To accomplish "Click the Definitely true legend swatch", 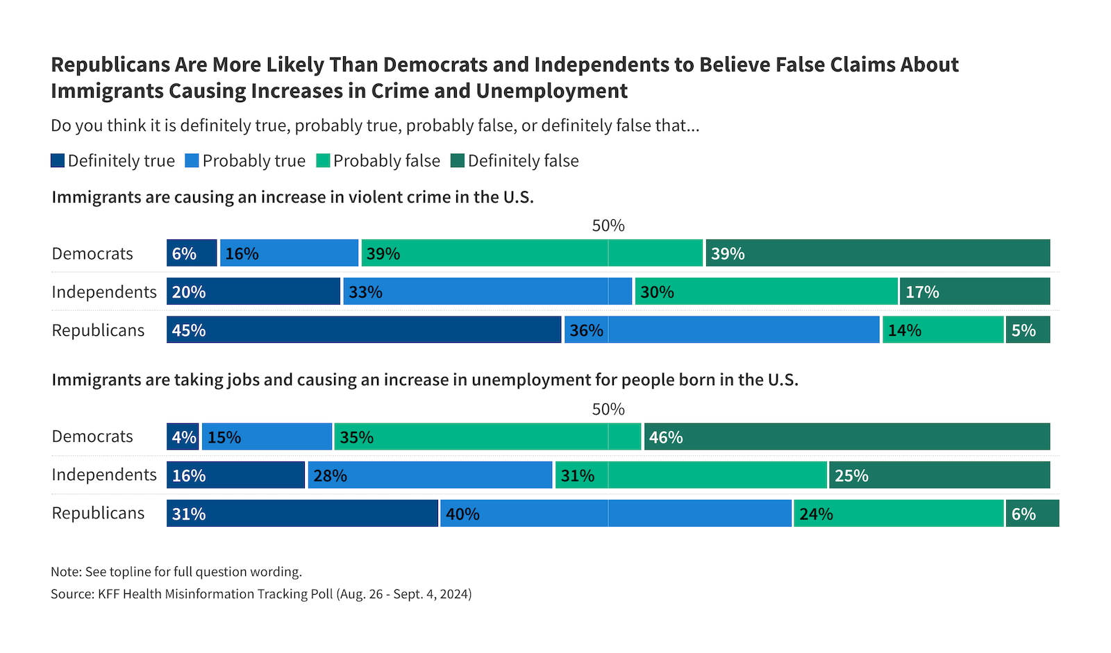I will pos(58,161).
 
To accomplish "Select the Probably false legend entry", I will pos(378,161).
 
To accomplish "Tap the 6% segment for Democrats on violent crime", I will pos(192,253).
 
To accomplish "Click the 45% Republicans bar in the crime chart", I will pos(364,330).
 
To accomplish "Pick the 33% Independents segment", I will pos(487,291).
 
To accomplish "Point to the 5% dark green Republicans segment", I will pos(1028,330).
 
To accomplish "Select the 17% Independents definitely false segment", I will pos(975,291).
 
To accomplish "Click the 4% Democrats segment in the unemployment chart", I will pos(183,437).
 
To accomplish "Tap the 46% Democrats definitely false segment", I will pos(847,437).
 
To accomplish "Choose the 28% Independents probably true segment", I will pos(430,475).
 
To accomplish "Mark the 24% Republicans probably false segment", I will pos(899,514).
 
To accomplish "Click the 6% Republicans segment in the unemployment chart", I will pos(1033,514).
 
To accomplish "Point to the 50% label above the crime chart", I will pos(608,226).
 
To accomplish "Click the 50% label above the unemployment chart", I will pos(608,409).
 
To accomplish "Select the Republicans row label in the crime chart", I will pos(98,330).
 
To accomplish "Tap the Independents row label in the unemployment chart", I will pos(104,475).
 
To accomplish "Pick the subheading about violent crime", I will pos(292,197).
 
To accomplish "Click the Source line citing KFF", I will pos(261,594).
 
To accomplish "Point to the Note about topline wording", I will pos(176,572).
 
